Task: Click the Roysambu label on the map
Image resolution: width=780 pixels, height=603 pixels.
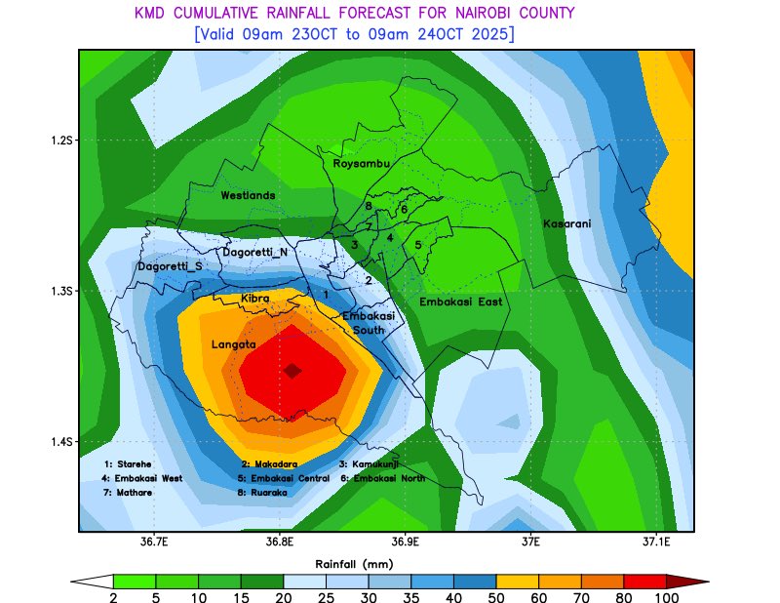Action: coord(362,164)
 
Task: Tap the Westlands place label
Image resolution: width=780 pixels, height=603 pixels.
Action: coord(248,195)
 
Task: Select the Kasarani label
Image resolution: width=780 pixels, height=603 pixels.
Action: coord(566,224)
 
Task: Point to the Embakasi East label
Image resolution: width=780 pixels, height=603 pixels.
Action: coord(460,302)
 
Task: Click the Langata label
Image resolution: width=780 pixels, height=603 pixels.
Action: coord(233,344)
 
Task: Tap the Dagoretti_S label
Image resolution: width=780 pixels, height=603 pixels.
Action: coord(170,266)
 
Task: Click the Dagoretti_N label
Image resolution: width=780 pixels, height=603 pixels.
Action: coord(254,253)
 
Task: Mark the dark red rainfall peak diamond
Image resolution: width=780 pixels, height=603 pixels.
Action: coord(292,370)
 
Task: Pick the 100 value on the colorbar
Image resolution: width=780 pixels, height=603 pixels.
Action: coord(666,597)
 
